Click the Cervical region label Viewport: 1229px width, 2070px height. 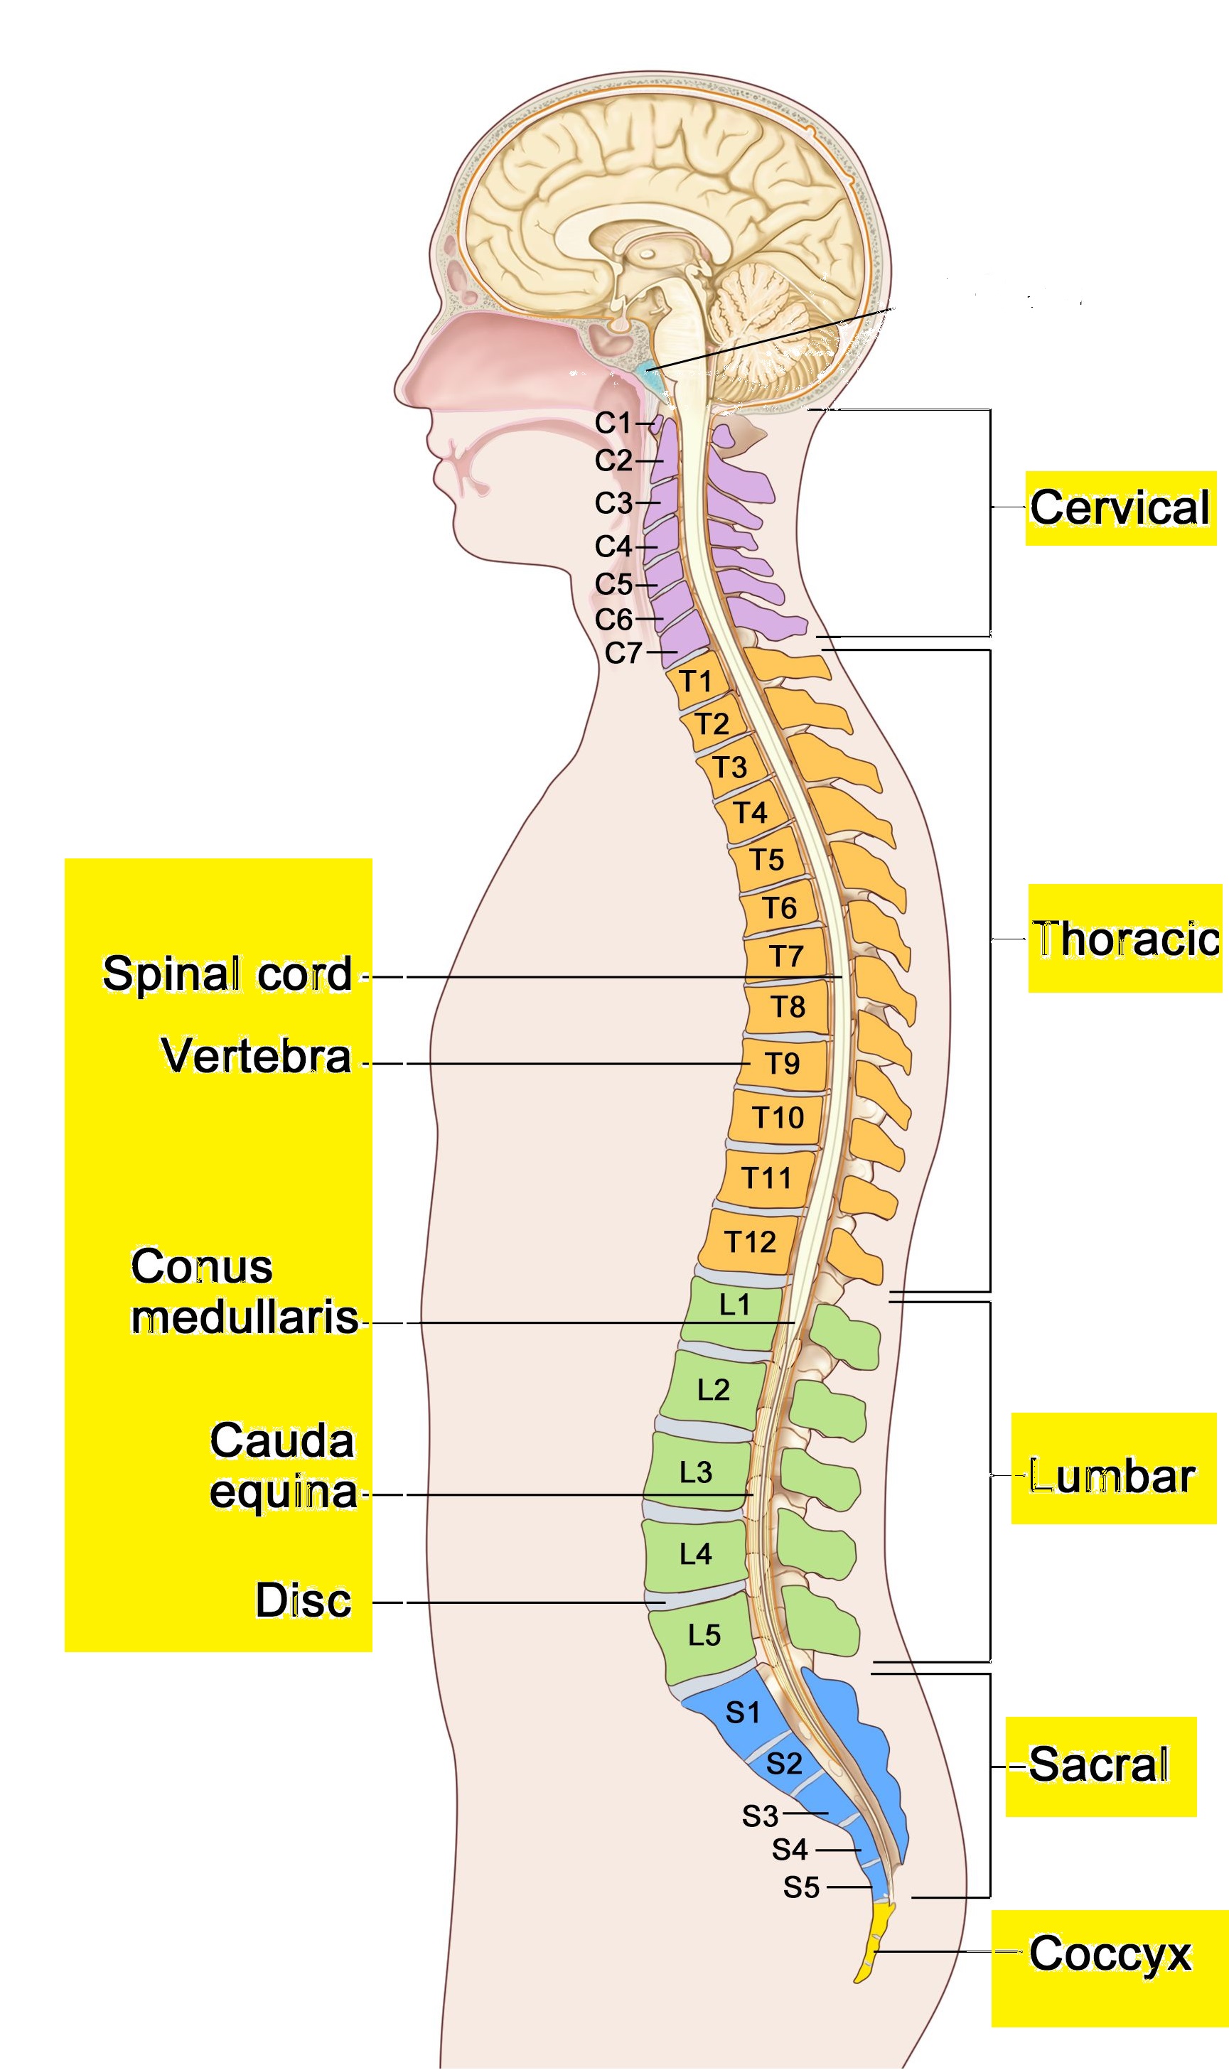click(1120, 507)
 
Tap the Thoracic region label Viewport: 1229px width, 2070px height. click(1125, 939)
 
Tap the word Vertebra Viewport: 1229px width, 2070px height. click(257, 1056)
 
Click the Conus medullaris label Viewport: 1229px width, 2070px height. click(245, 1292)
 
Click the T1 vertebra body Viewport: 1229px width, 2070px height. click(697, 682)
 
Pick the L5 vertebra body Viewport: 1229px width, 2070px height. click(704, 1636)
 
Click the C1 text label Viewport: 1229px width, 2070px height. click(613, 423)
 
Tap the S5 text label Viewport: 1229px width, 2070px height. click(802, 1888)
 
